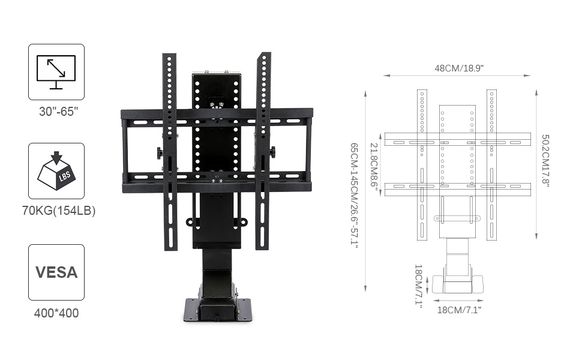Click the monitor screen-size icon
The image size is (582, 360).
click(x=56, y=73)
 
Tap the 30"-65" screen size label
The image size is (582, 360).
click(x=59, y=112)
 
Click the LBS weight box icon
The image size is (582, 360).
click(x=56, y=171)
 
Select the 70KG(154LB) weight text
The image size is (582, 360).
click(x=59, y=211)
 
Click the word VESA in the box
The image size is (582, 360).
click(x=56, y=272)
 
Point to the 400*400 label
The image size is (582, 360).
click(x=56, y=313)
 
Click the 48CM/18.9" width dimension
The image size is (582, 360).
click(x=459, y=68)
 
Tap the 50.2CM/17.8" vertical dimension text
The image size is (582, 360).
click(x=545, y=161)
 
